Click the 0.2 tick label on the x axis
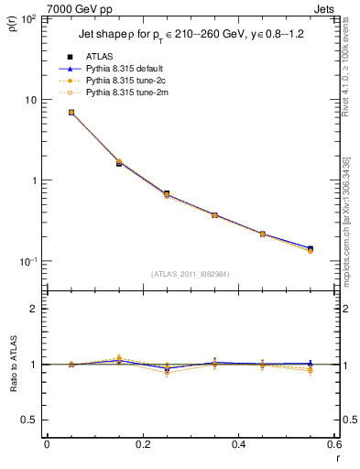142,445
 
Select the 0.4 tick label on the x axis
237,445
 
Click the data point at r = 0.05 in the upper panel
71,112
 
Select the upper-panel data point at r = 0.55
311,249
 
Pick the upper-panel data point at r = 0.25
167,194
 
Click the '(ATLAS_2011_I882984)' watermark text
191,275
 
